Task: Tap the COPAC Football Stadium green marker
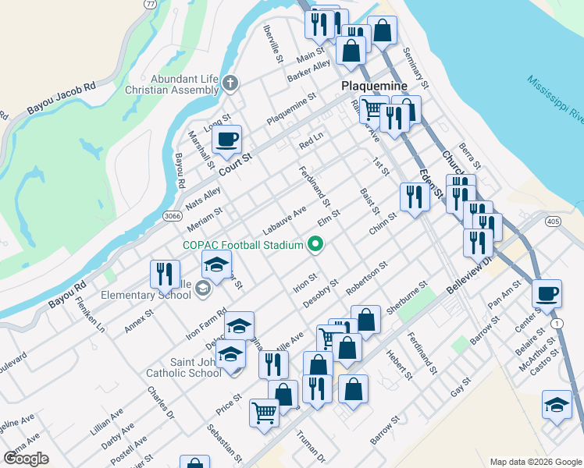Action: (x=315, y=246)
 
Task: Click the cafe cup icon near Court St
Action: (x=226, y=140)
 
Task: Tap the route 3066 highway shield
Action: (x=173, y=215)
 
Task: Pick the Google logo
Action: (x=26, y=458)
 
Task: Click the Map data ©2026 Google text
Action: (x=535, y=462)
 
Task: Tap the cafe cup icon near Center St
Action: (x=547, y=293)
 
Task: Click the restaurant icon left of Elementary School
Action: (x=164, y=273)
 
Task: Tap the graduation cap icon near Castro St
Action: (x=556, y=405)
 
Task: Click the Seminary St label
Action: (x=416, y=68)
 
